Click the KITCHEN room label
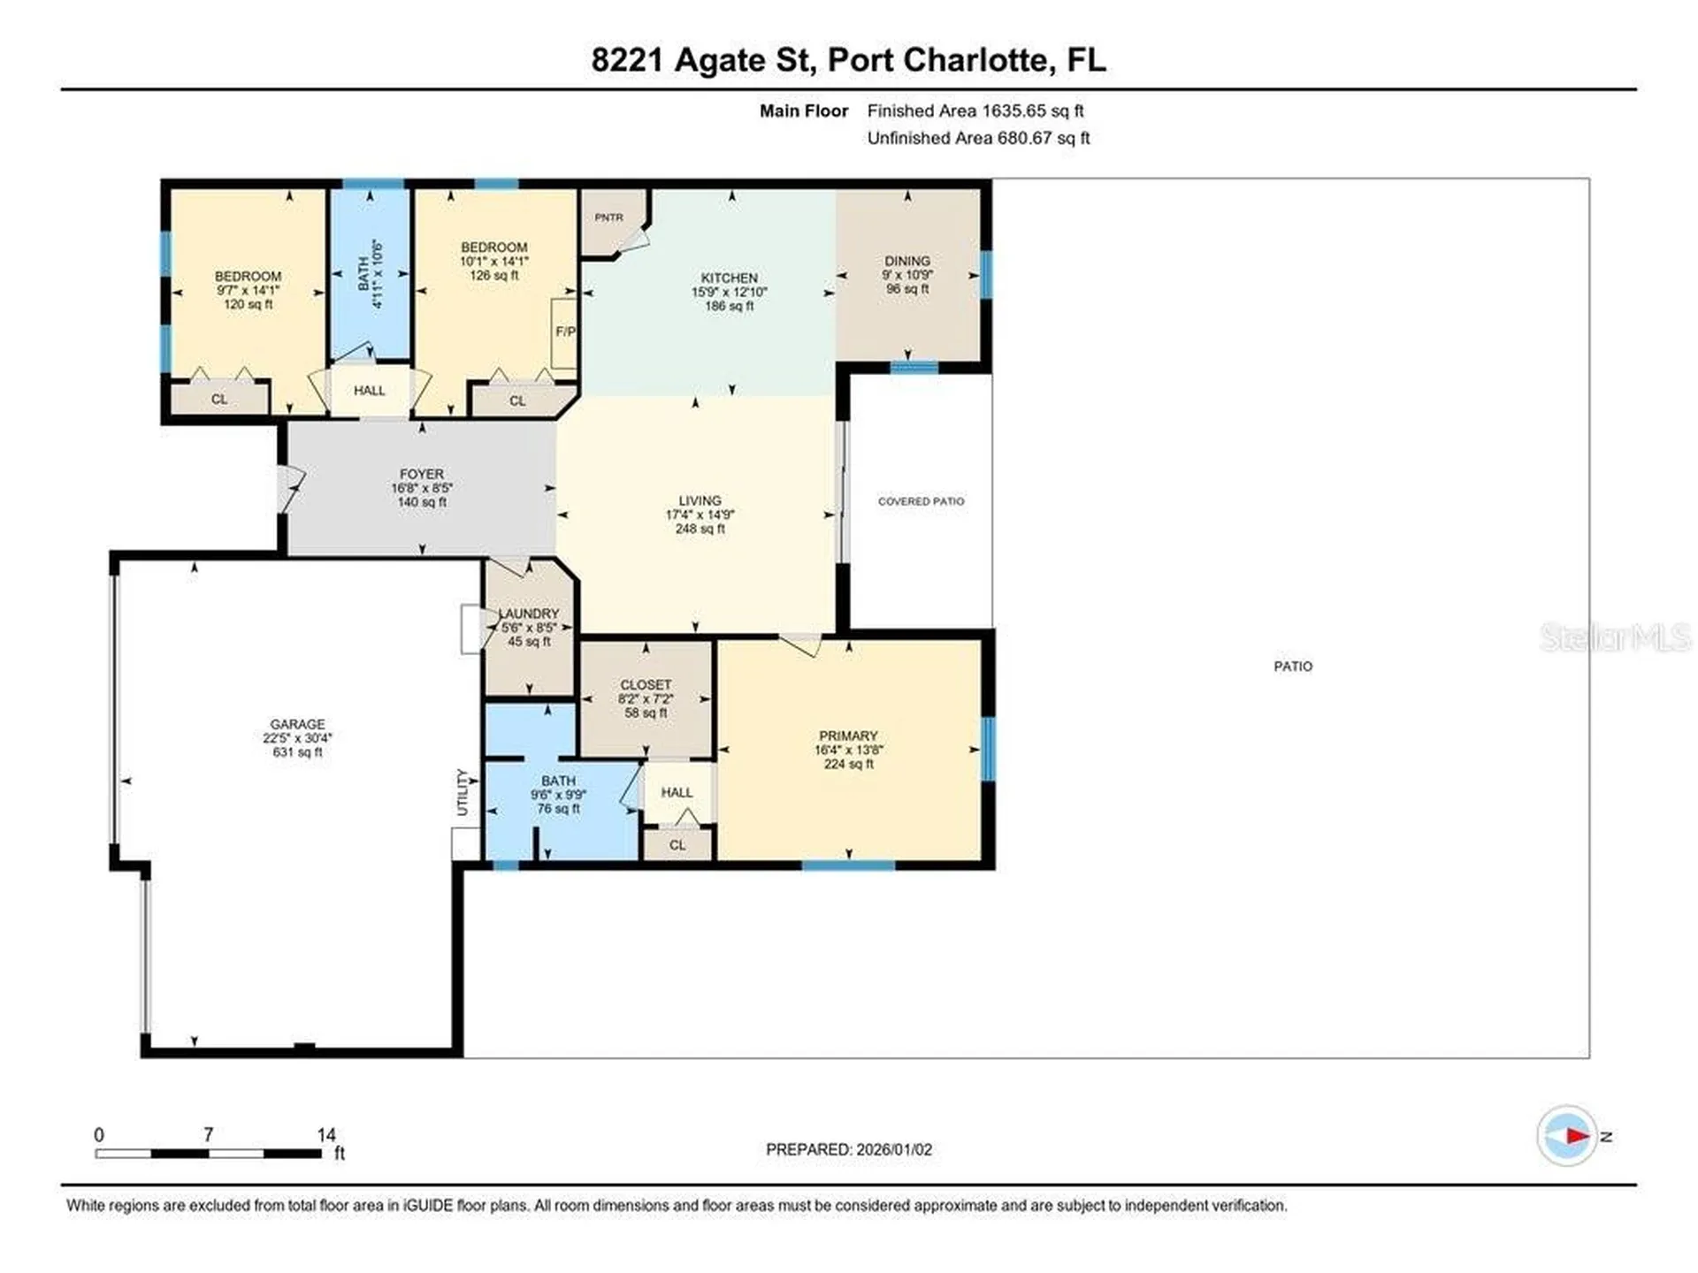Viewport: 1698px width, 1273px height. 729,278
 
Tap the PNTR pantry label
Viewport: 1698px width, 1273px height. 608,217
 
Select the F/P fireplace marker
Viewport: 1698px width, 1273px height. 565,332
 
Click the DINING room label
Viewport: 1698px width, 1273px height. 906,261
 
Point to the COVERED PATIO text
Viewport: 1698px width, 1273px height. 921,501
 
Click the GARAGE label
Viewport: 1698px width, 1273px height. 297,724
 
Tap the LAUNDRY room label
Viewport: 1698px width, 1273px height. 530,614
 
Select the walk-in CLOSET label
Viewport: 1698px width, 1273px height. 646,685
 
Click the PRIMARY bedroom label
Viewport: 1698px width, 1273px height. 848,736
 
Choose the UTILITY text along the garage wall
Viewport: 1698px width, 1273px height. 462,792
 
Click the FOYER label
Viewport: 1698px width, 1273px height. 421,474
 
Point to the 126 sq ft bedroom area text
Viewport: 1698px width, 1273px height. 493,276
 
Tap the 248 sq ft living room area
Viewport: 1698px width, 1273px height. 700,529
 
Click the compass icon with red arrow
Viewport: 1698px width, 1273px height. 1567,1136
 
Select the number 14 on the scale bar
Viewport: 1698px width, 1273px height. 326,1135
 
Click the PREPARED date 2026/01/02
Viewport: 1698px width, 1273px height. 893,1149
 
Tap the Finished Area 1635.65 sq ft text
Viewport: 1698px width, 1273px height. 975,111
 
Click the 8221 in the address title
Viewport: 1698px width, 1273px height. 626,60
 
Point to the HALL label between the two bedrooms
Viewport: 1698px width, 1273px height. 369,391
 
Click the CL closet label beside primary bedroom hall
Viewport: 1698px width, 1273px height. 677,845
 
